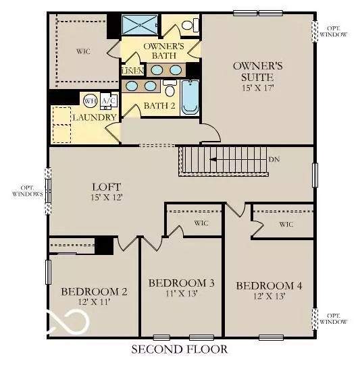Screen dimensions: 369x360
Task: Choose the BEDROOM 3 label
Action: (x=181, y=282)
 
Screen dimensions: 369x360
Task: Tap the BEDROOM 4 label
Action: (x=269, y=286)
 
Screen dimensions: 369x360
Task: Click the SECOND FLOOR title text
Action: (x=179, y=349)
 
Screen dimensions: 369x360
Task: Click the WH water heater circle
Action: (x=90, y=101)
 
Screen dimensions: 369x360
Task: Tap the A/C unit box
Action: (x=107, y=101)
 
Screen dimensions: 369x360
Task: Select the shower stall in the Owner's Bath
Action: (x=139, y=25)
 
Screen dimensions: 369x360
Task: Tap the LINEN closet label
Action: (x=132, y=70)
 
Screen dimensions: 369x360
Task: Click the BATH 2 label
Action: (x=159, y=106)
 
